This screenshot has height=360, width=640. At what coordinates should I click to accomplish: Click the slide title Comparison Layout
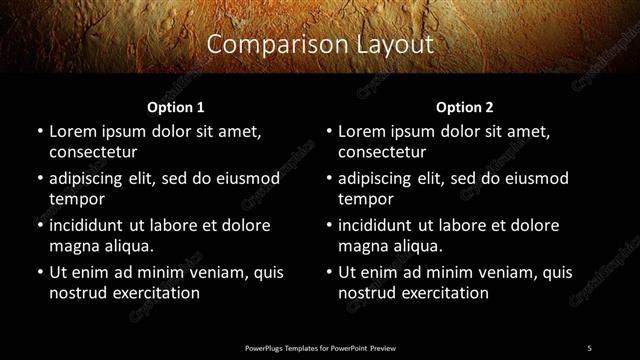pyautogui.click(x=320, y=45)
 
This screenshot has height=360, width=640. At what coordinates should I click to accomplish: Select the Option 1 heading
pyautogui.click(x=175, y=107)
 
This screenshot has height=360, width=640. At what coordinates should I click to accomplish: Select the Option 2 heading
pyautogui.click(x=465, y=107)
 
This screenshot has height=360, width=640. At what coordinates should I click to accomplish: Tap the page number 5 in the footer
pyautogui.click(x=589, y=347)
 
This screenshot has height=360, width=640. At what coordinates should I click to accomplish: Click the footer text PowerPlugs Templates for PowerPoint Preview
pyautogui.click(x=320, y=347)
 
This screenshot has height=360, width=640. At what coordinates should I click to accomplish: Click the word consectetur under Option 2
pyautogui.click(x=383, y=152)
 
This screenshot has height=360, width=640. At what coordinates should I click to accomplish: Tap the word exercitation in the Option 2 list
pyautogui.click(x=446, y=293)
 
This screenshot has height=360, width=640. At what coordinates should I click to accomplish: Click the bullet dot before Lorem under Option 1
pyautogui.click(x=39, y=132)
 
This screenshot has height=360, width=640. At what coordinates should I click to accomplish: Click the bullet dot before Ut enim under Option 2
pyautogui.click(x=329, y=272)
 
